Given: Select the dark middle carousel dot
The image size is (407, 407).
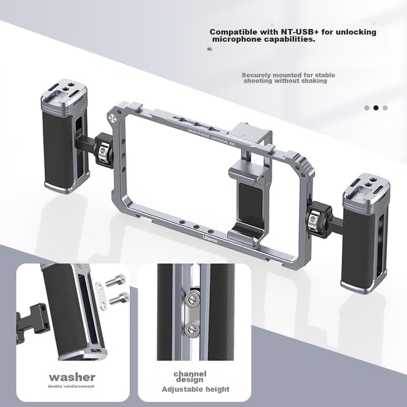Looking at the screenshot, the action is coord(376,108).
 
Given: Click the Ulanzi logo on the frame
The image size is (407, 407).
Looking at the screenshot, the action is coord(210,238).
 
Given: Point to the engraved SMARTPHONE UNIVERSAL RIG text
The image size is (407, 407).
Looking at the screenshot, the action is coord(211,137).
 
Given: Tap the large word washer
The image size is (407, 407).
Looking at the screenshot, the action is coord(72,377).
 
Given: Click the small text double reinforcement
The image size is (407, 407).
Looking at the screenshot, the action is coord(71,386).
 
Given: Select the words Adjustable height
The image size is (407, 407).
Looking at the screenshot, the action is coord(196,390).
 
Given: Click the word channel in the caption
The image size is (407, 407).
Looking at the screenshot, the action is coord(190,374).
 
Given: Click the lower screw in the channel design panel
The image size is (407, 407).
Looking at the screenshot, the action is coord(193,329).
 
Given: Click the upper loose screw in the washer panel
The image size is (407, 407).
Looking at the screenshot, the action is coord(116,280).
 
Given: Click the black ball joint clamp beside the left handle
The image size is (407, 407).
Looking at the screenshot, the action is coord(103,151).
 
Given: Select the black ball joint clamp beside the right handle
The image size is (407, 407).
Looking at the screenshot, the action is coord(318,218).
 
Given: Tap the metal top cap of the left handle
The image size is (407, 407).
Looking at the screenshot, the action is coord(64,93).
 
